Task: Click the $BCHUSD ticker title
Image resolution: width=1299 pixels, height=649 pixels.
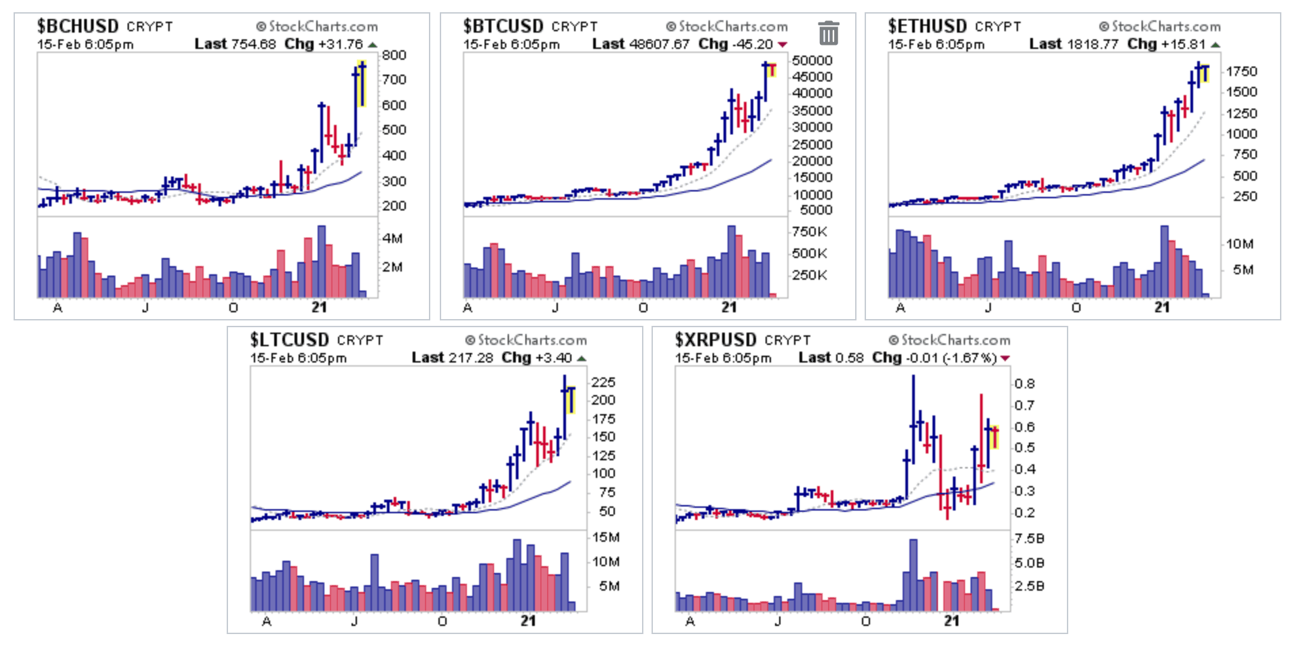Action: coord(77,26)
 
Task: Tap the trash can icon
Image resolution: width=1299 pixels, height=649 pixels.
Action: coord(828,33)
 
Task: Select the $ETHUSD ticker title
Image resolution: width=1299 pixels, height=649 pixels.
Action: coord(927,26)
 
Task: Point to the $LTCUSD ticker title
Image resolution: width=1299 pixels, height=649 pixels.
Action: coord(289,340)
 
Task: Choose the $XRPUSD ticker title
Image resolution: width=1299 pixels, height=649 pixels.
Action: coord(715,340)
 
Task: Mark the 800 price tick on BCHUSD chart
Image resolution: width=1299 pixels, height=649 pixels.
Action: coord(394,56)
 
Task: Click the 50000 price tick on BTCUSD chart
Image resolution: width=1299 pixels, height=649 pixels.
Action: coord(812,60)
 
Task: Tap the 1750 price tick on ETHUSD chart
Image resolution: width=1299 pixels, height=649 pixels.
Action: coord(1241,71)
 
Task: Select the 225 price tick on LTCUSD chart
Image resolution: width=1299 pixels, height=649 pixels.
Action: coord(603,382)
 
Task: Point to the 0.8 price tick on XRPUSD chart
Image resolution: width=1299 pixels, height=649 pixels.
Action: coord(1024,384)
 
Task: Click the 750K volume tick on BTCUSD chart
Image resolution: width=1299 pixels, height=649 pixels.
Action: coord(809,232)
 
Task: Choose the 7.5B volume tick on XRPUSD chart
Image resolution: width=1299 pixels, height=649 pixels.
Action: coord(1029,539)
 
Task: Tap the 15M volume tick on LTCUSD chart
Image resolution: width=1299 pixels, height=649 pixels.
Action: coord(605,538)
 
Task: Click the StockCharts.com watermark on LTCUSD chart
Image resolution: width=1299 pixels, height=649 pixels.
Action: coord(526,340)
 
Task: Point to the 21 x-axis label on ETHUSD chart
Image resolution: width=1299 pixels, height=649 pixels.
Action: coord(1162,308)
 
